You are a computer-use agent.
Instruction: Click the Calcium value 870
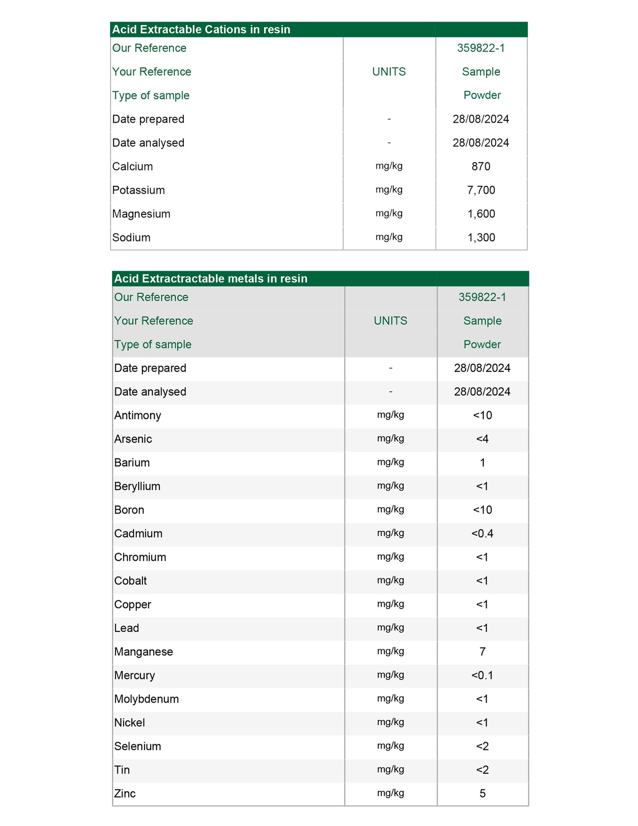[x=481, y=166]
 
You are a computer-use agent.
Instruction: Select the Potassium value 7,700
[x=481, y=190]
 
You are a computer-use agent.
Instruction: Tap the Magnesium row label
[x=141, y=214]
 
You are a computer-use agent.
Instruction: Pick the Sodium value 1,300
[x=481, y=237]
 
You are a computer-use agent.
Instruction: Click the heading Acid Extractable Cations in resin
[x=201, y=29]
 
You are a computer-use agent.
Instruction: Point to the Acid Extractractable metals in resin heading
[x=211, y=279]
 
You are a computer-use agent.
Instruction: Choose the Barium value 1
[x=482, y=463]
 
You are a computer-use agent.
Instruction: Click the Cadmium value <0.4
[x=482, y=534]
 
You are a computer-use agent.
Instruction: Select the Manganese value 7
[x=482, y=652]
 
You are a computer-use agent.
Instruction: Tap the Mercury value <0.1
[x=482, y=675]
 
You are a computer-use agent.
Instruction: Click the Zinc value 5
[x=482, y=793]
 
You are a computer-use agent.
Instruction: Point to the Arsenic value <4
[x=482, y=439]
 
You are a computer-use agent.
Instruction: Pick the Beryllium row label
[x=137, y=486]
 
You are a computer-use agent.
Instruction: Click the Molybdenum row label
[x=146, y=699]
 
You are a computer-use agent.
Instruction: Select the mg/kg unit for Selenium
[x=390, y=746]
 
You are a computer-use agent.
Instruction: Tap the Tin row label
[x=122, y=770]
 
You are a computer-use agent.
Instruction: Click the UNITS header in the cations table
[x=389, y=71]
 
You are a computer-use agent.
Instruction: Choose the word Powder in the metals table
[x=482, y=344]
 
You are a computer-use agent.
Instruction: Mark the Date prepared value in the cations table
[x=481, y=119]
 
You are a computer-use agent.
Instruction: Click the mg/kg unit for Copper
[x=390, y=604]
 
